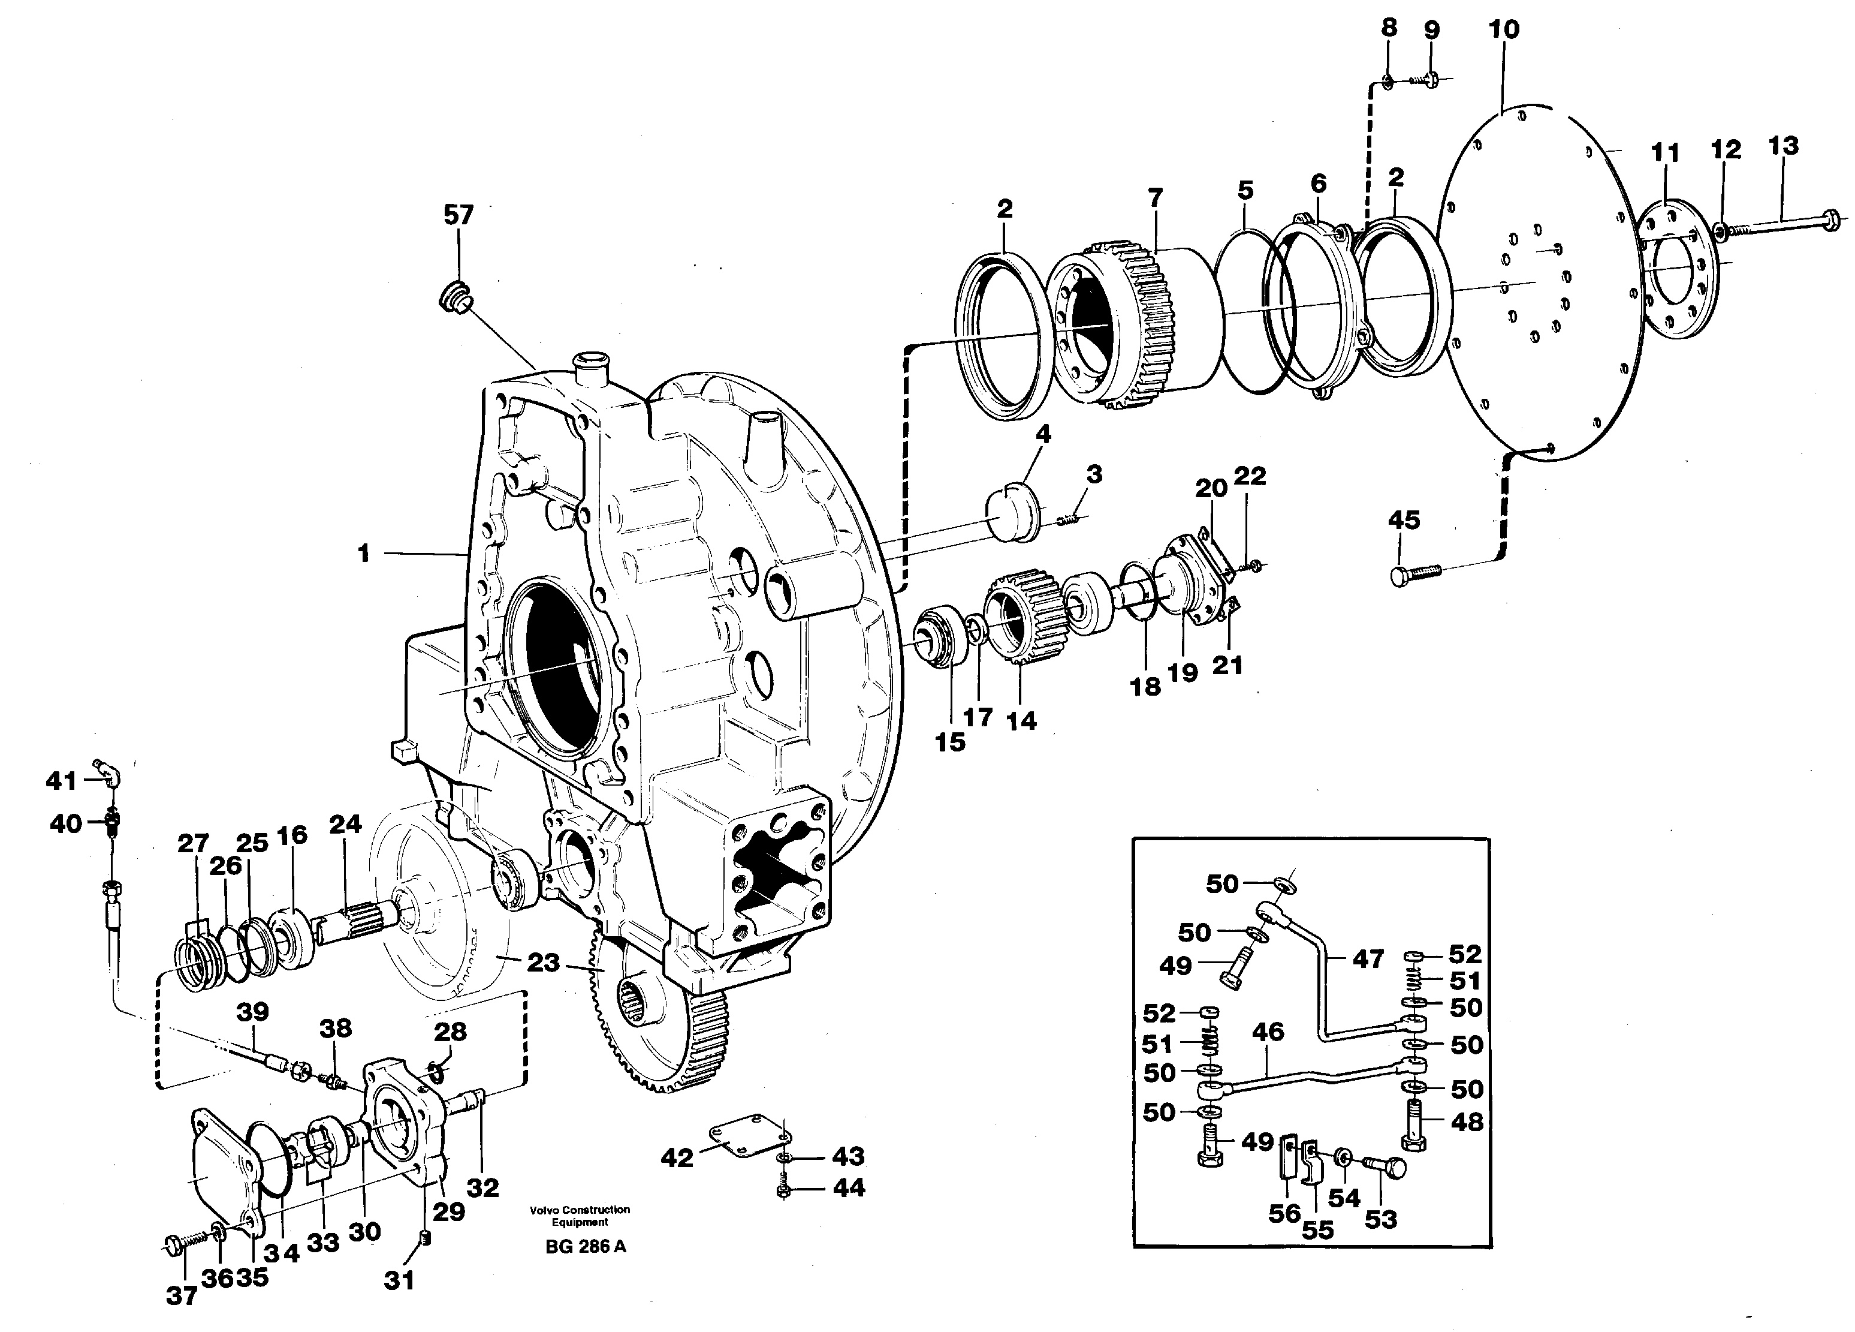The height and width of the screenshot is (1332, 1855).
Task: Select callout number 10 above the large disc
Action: tap(1503, 29)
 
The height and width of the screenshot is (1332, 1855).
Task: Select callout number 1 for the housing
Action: tap(363, 554)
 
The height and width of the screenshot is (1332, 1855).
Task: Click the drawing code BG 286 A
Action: tap(585, 1247)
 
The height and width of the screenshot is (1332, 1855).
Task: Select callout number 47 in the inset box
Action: tap(1368, 958)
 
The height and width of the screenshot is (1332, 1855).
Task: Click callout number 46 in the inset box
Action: tap(1268, 1033)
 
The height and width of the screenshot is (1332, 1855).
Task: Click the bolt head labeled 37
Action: tap(173, 1245)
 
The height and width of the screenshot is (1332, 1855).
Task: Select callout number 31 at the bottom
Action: tap(399, 1280)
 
